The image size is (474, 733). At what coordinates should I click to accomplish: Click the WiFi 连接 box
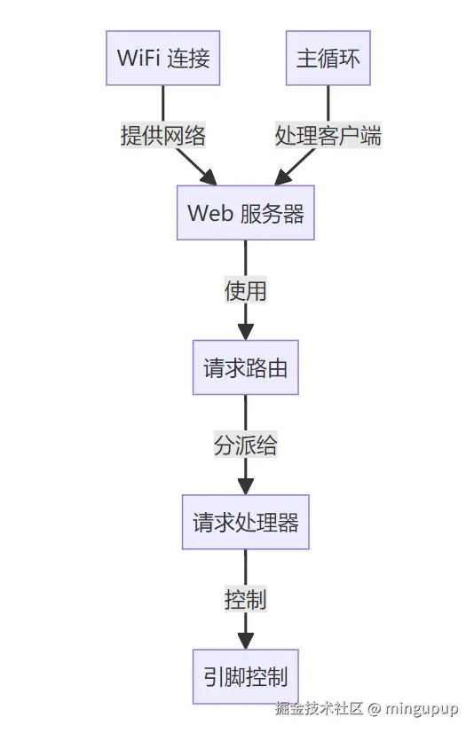(163, 59)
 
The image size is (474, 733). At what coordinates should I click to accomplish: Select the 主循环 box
(328, 59)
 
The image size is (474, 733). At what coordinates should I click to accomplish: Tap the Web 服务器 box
(246, 213)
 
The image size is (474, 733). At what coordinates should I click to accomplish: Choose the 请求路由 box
(246, 367)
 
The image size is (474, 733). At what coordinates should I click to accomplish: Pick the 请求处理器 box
(246, 522)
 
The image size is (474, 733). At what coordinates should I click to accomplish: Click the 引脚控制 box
(246, 676)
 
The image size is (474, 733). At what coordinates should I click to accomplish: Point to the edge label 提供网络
(163, 136)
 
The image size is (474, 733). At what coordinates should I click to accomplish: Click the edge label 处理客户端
(328, 136)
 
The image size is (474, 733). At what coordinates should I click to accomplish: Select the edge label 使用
(246, 290)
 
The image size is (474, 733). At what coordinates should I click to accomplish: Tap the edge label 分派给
(246, 445)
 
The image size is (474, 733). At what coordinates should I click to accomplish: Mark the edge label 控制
(246, 599)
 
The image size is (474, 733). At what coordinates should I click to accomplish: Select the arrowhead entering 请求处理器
(246, 487)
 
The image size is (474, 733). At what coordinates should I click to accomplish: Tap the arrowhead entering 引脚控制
(246, 642)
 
